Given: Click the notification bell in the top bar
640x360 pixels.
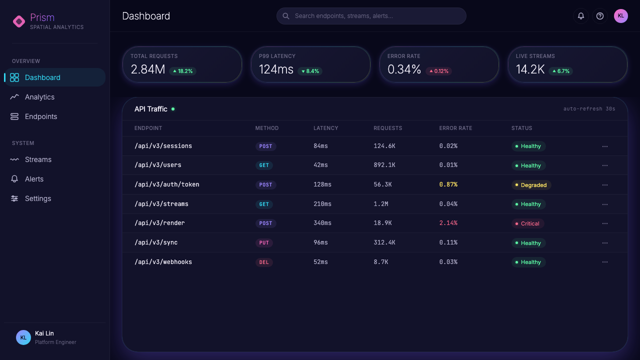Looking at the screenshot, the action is point(581,16).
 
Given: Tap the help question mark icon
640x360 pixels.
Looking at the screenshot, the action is point(599,16).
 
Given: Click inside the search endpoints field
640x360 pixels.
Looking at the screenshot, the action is point(371,16).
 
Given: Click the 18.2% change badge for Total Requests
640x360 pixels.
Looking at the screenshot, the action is point(182,71).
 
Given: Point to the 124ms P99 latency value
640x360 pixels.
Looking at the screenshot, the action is point(276,69).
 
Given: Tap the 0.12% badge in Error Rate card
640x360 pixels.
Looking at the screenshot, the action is point(439,71).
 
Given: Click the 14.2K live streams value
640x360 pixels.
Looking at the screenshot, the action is point(530,69).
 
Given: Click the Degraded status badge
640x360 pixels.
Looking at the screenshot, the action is point(531,185).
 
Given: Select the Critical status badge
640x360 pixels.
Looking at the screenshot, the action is point(527,223).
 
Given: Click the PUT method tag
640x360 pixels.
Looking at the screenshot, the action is point(264,242).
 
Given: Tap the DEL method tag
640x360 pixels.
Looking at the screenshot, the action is point(264,262).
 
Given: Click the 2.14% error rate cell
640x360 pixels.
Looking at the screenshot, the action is point(448,223).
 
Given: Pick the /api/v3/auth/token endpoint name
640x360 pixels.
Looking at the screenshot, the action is point(167,184).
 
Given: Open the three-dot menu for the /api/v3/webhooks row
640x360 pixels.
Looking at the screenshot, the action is point(605,262).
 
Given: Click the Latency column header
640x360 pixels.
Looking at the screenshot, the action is point(325,128).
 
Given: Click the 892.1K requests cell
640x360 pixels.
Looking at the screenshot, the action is point(384,165).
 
